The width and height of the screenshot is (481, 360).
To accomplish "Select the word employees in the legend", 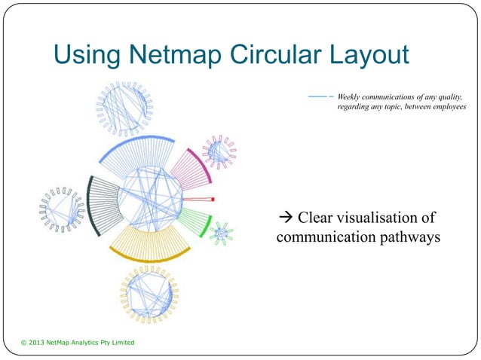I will coord(445,108).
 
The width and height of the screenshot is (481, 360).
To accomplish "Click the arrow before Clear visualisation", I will coord(285,219).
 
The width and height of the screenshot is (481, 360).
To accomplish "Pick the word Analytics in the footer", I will coord(89,343).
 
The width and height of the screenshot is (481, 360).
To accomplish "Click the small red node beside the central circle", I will coord(213,199).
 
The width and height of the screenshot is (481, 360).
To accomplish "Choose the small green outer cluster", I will coord(220,234).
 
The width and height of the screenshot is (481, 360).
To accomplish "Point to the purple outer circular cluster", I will coord(219,153).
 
